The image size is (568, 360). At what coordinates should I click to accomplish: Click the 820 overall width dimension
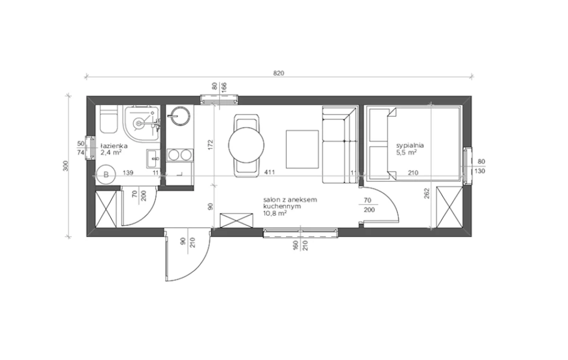pos(278,73)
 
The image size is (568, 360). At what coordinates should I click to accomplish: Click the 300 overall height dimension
pos(65,166)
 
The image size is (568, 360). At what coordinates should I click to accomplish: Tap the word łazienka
pos(114,146)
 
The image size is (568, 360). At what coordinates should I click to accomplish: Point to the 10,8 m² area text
pos(275,213)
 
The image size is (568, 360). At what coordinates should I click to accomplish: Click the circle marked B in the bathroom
pos(106,174)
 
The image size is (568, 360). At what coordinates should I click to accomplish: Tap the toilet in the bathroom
pos(109,119)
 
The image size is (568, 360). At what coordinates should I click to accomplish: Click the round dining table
pos(246,145)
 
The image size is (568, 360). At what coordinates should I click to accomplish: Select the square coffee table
pos(302,149)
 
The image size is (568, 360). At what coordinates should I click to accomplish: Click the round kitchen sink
pos(180,116)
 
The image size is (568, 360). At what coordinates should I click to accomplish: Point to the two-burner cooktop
pos(180,155)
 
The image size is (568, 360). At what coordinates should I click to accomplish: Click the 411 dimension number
pos(269,172)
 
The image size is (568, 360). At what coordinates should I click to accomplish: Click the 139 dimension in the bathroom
pos(128,173)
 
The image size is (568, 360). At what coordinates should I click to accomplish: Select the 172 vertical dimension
pos(210,145)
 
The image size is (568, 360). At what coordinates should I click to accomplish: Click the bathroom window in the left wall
pos(90,148)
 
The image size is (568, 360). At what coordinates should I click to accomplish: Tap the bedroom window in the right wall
pos(468,166)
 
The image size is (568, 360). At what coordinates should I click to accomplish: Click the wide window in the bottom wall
pos(301,233)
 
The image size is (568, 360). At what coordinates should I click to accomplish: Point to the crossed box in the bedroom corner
pos(449,207)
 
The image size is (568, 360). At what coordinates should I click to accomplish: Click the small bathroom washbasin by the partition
pos(153,159)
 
